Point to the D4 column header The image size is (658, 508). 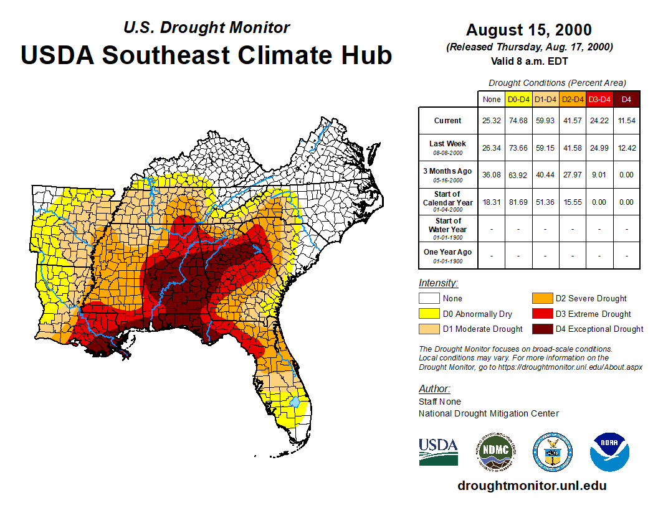(x=626, y=99)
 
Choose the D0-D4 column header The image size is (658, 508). (x=518, y=99)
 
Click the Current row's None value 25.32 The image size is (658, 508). (x=492, y=121)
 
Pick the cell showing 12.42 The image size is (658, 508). (x=626, y=148)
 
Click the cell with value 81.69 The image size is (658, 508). (x=518, y=202)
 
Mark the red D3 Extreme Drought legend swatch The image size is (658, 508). (x=542, y=314)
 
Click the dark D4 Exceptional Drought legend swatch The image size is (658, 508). (x=542, y=329)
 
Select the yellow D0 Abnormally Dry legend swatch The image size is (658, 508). (x=429, y=314)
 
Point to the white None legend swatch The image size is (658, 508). (x=429, y=299)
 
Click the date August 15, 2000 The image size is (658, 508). (x=529, y=30)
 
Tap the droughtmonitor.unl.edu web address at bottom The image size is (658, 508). (x=532, y=486)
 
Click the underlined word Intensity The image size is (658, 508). (x=438, y=283)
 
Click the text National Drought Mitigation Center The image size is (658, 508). (x=489, y=413)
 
